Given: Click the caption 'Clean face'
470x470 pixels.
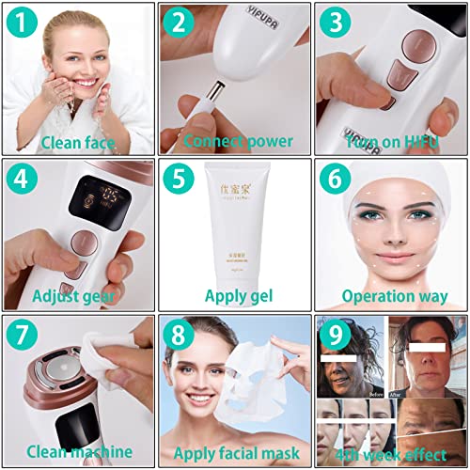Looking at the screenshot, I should coord(78,144).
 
